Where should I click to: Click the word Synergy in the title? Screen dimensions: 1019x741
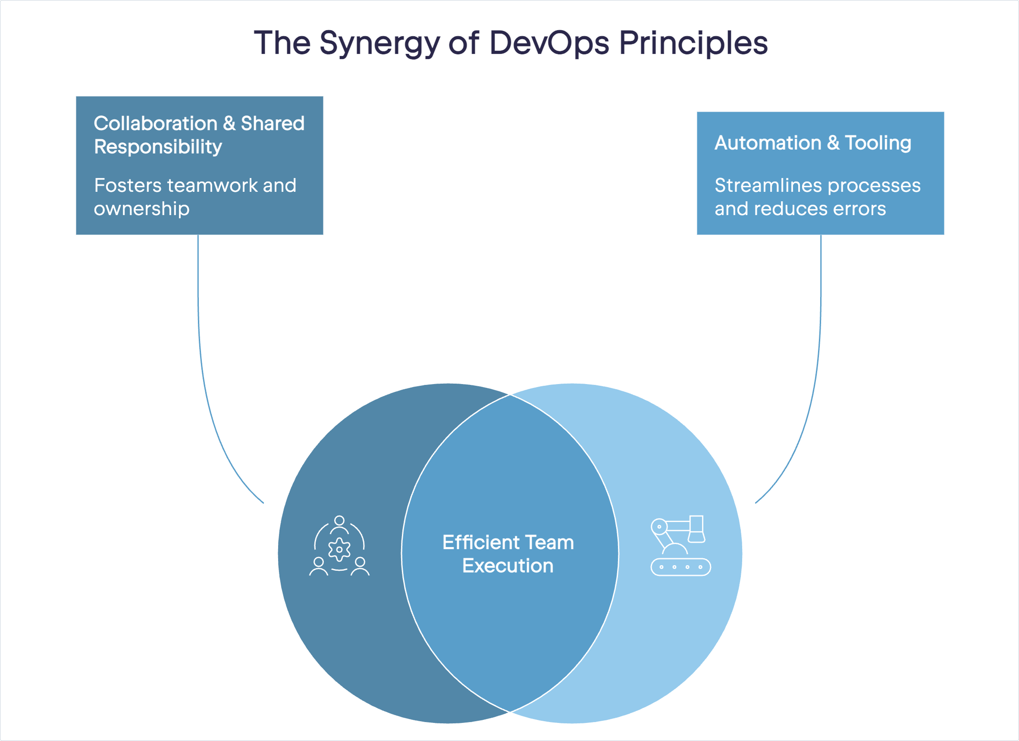(379, 44)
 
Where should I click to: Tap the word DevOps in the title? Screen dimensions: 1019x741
(549, 44)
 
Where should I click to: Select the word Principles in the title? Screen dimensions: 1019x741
(694, 44)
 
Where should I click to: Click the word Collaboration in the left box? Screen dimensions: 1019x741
(155, 123)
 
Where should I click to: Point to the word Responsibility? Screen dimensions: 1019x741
(158, 147)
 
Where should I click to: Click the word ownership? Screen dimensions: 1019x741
(141, 209)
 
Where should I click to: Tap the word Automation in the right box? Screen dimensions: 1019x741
(768, 143)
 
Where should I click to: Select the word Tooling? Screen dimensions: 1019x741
(878, 143)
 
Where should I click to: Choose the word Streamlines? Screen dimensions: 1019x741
(769, 185)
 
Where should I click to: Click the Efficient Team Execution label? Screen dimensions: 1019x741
(508, 554)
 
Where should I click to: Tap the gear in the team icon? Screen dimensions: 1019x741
(339, 549)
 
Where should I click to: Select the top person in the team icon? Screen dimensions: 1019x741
(339, 524)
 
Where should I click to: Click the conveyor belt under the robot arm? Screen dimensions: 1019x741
(680, 567)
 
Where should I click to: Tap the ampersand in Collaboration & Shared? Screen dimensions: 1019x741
(229, 123)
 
